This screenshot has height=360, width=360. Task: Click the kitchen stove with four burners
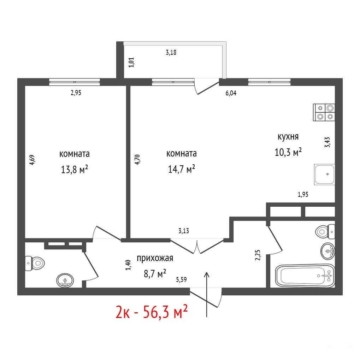324,112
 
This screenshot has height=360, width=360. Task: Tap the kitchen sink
324,175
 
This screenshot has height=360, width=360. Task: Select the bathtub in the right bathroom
305,276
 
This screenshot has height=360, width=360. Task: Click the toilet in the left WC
35,263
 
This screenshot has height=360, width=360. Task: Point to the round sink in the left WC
65,280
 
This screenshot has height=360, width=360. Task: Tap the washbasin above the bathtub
327,251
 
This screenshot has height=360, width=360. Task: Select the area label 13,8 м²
75,170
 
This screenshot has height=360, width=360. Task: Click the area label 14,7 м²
182,169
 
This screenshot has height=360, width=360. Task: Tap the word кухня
288,137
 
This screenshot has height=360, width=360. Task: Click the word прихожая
155,258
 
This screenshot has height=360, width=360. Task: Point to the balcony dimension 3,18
171,53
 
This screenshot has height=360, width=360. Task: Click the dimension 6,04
231,93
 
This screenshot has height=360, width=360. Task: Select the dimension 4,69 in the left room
32,160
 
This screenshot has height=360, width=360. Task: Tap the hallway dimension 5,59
181,279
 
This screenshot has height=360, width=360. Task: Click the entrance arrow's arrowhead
207,275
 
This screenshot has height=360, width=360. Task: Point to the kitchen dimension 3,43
327,142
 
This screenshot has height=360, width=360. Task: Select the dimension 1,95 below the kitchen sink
303,194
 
